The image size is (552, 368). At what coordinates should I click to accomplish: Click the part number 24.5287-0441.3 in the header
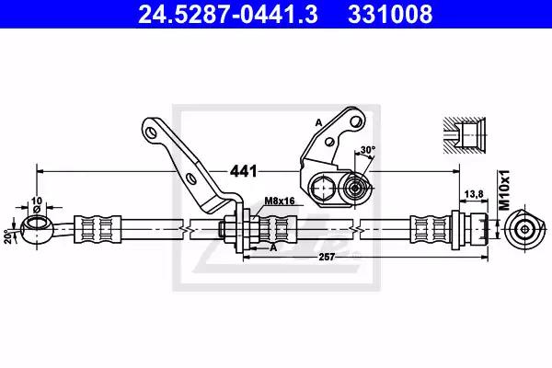click(228, 15)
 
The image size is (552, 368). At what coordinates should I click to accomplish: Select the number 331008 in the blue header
click(390, 15)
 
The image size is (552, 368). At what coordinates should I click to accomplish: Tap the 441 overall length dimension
click(243, 171)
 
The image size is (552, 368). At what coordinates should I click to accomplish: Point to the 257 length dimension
click(327, 257)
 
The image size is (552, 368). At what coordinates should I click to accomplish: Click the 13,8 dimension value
click(474, 194)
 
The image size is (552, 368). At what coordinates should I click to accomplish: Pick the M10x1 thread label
click(504, 190)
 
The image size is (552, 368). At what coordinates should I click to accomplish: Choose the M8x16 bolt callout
click(279, 201)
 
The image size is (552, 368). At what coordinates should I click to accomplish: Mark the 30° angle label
click(368, 150)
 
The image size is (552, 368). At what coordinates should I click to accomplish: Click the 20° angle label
click(7, 236)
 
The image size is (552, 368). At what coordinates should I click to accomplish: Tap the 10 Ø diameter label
click(37, 204)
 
